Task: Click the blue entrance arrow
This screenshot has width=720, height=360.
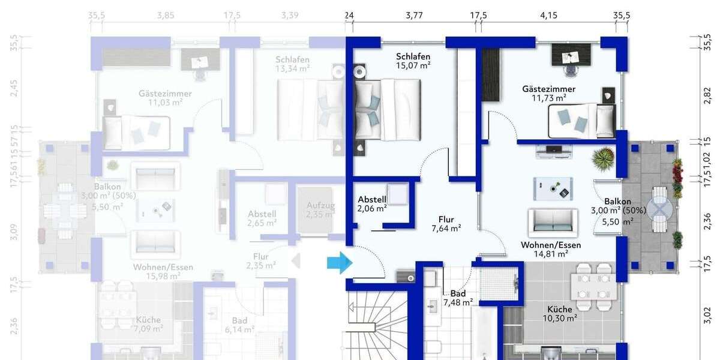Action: click(339, 262)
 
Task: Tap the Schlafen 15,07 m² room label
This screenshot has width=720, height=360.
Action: click(413, 61)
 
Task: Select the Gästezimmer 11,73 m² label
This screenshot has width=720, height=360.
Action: click(544, 93)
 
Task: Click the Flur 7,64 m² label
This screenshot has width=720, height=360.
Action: click(446, 223)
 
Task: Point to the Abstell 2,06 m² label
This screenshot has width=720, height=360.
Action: click(372, 203)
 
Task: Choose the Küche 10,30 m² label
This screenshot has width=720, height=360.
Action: click(559, 313)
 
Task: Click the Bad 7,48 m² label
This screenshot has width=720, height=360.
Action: click(458, 298)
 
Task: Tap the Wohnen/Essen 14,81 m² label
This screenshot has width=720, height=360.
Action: click(550, 249)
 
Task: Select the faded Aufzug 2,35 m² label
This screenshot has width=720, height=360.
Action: click(320, 210)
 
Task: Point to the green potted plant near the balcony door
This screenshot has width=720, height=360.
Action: click(603, 160)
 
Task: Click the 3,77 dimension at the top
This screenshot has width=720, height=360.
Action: click(414, 15)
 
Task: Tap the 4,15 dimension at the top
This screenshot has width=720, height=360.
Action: click(548, 15)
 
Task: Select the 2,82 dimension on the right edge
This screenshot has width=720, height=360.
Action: click(706, 95)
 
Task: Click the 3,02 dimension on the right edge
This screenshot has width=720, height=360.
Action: click(706, 313)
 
